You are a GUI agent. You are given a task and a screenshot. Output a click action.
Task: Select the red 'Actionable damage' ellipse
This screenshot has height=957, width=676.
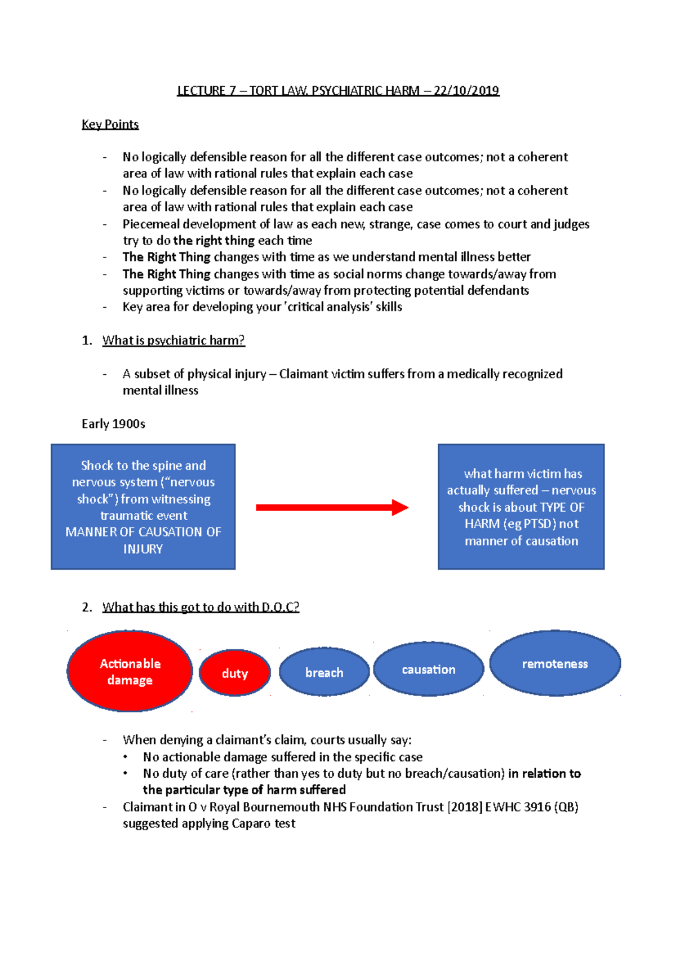click(130, 671)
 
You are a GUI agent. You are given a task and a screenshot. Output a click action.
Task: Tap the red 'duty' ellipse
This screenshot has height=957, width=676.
click(235, 673)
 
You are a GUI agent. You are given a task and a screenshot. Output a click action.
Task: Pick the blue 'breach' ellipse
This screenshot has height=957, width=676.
click(324, 672)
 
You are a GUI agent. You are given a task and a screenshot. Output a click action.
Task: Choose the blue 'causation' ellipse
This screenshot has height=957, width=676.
click(428, 670)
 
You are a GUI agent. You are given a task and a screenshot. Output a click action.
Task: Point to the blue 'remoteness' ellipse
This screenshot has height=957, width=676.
click(555, 664)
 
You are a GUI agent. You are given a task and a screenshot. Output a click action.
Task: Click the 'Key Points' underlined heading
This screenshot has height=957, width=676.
click(110, 124)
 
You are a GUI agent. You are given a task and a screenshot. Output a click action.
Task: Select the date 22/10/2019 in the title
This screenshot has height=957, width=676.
click(466, 91)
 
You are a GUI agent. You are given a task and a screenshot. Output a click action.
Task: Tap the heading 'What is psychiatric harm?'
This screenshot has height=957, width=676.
click(174, 340)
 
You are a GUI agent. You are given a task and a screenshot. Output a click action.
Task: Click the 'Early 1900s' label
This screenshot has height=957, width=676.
click(113, 424)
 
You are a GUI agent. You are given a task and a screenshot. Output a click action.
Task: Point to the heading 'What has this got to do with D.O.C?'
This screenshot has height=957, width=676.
click(201, 607)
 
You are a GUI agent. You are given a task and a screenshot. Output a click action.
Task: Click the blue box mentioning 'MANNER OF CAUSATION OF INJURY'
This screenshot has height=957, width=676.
click(143, 507)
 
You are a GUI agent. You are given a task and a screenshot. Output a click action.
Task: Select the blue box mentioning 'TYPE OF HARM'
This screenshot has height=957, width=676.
click(521, 507)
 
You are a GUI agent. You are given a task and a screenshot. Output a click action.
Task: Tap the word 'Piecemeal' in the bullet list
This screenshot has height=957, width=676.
click(149, 224)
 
